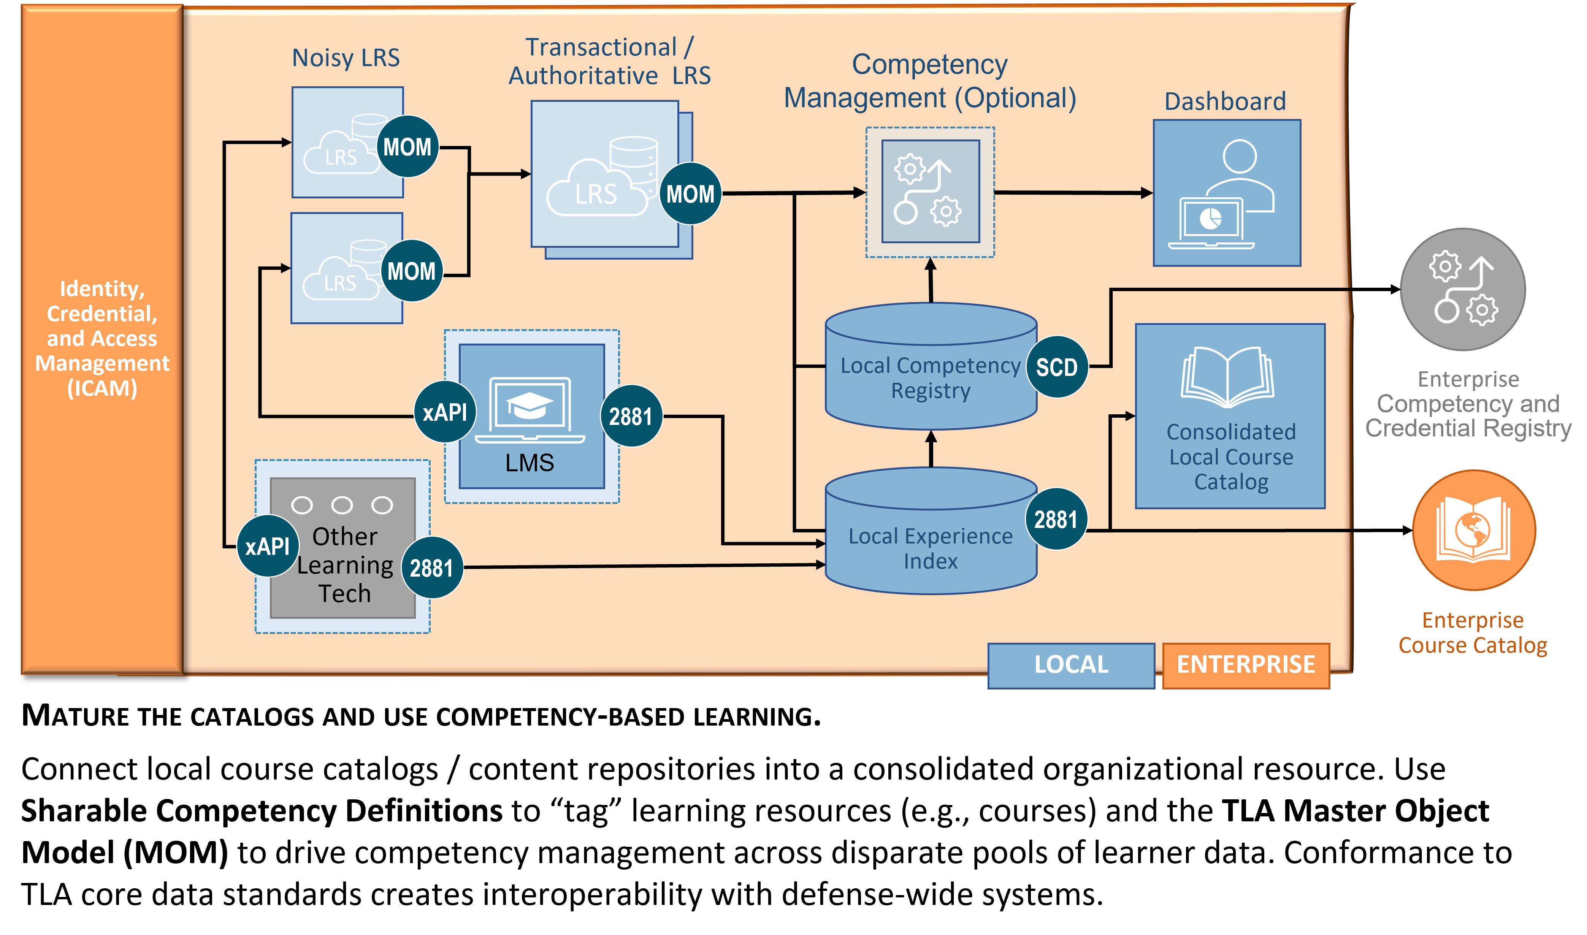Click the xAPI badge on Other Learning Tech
(x=267, y=546)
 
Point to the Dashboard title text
(x=1225, y=101)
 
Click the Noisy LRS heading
(x=346, y=58)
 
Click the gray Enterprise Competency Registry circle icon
(x=1462, y=289)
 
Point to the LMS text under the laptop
(x=529, y=463)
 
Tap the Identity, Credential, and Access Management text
(x=102, y=338)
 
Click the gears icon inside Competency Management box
(x=929, y=192)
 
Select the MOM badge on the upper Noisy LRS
(x=407, y=147)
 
